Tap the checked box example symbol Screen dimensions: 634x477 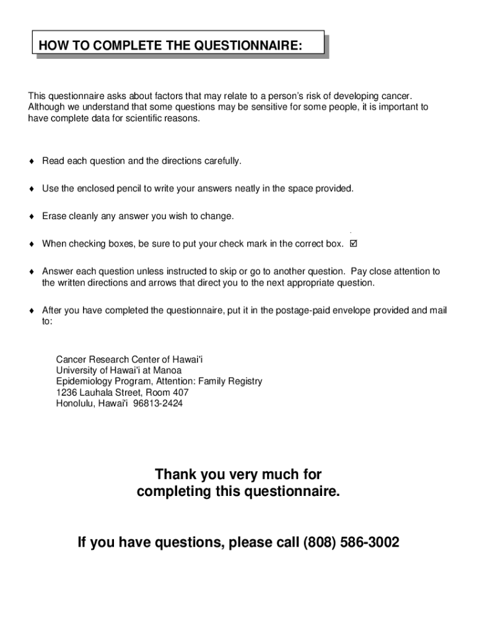point(354,243)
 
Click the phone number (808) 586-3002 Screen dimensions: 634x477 point(351,543)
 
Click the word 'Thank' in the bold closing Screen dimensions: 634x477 point(176,475)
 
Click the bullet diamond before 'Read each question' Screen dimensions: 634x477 point(31,162)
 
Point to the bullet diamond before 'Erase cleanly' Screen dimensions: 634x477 point(31,217)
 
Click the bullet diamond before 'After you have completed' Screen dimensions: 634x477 point(31,311)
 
